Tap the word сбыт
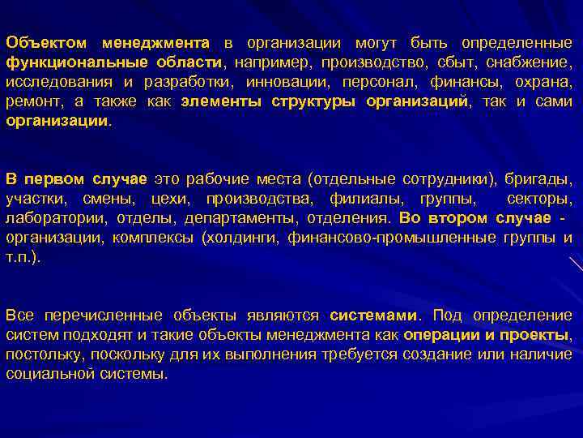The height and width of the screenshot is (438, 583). (x=436, y=62)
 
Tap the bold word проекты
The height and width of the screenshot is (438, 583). (x=533, y=335)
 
